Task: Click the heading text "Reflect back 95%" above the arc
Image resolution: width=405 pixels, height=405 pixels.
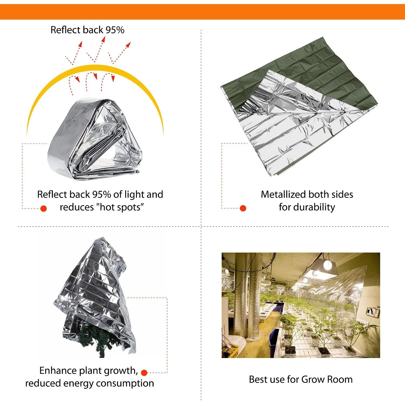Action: (87, 30)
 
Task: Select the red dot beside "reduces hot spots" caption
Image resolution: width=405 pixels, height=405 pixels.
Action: (43, 208)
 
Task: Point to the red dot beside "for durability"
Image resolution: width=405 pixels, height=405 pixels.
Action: (243, 208)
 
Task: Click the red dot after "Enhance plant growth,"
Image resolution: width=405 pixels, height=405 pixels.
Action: (144, 373)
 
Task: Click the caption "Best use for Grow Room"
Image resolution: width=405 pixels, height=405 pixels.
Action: (301, 379)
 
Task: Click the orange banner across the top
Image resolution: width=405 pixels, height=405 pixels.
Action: (202, 12)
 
